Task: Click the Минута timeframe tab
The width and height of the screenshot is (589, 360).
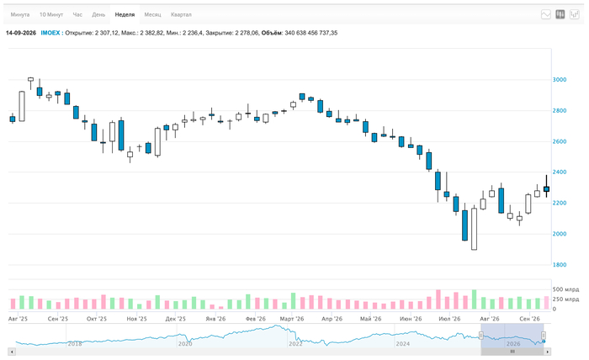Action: click(20, 14)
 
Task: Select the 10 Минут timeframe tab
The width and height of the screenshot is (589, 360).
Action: click(51, 14)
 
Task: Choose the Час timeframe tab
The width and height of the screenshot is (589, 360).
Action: click(77, 14)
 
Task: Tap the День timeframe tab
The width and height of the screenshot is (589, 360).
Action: click(98, 14)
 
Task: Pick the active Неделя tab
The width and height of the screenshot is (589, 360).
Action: click(125, 14)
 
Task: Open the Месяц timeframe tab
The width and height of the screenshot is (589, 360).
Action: click(152, 14)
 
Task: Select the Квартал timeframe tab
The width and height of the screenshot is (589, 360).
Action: click(181, 14)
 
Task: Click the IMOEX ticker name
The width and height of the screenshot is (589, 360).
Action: click(50, 33)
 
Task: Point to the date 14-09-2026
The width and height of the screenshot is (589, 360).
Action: click(21, 33)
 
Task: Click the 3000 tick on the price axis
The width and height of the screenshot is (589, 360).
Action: click(560, 80)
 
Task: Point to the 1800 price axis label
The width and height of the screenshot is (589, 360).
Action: click(560, 265)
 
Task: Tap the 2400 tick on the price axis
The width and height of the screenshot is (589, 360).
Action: click(560, 172)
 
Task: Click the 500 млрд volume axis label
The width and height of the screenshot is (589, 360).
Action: click(565, 289)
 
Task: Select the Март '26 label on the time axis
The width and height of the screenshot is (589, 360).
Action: click(292, 319)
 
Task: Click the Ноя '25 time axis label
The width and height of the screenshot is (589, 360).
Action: click(136, 319)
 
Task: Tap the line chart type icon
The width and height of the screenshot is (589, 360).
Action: click(546, 14)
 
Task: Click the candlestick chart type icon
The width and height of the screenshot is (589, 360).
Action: click(560, 14)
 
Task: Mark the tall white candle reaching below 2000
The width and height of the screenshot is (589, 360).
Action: click(474, 229)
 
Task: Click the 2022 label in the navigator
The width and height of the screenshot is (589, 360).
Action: click(295, 343)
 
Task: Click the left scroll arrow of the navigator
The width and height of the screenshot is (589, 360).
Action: click(12, 352)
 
